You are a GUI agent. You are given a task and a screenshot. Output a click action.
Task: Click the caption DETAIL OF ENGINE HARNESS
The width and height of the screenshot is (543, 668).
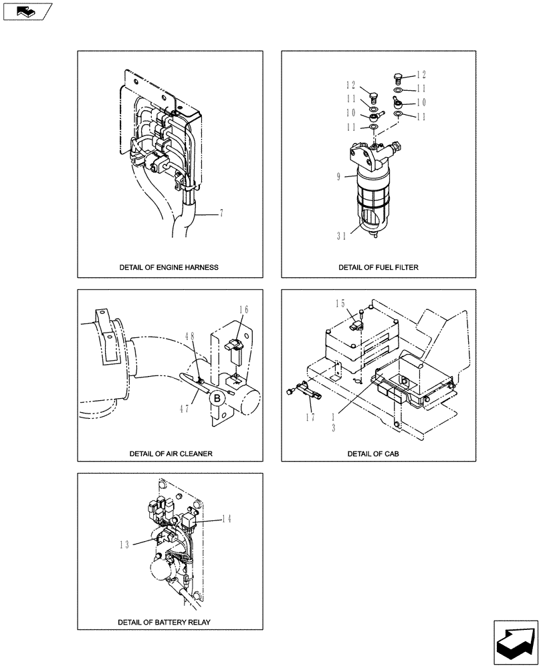169,267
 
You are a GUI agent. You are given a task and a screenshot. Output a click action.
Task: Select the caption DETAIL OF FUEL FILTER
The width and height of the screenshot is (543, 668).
378,267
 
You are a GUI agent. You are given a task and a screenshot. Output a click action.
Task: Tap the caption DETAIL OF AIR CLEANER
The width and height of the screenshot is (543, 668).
171,453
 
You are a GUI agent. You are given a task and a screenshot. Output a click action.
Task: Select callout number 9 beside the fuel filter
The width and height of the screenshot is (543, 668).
339,176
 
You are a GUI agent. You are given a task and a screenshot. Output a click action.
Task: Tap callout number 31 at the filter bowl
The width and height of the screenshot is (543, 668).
342,234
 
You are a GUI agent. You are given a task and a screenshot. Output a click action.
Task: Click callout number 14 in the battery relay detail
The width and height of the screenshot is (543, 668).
225,518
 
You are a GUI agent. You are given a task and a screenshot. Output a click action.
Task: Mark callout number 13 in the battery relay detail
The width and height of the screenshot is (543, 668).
125,544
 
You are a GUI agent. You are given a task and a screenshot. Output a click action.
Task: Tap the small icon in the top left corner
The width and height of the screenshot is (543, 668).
27,11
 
